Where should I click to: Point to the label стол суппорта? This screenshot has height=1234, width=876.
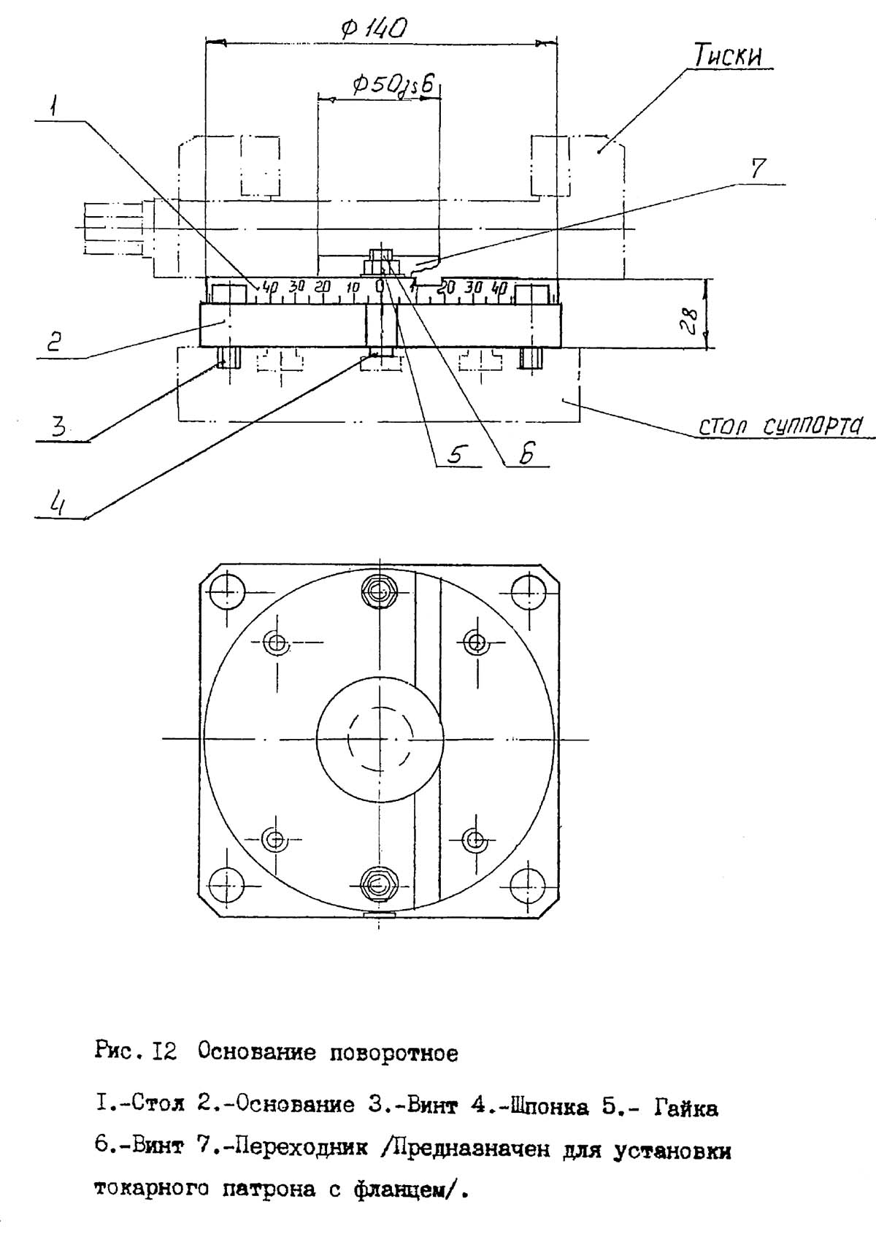tap(780, 425)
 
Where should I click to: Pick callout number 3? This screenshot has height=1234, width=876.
tap(58, 426)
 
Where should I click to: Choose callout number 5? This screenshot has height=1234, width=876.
tap(454, 454)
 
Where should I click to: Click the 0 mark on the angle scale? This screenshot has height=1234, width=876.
tap(380, 286)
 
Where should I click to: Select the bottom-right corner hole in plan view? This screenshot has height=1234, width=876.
tap(528, 884)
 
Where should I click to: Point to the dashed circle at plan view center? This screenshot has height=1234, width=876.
tap(379, 739)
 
